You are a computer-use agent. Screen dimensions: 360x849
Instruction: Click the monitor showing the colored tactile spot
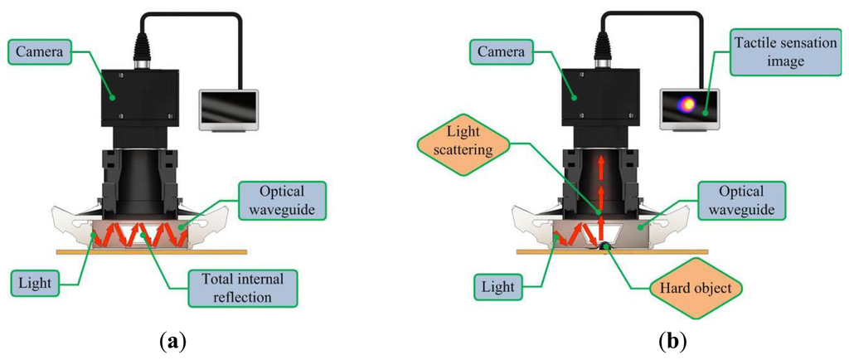[688, 106]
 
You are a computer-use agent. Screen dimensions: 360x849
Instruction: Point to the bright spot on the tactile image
[686, 104]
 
